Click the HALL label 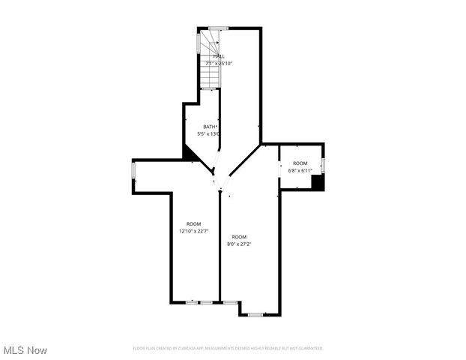click(219, 56)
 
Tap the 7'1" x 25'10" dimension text click(219, 63)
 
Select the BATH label click(211, 127)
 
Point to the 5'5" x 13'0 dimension click(208, 133)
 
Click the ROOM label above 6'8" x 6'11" click(300, 163)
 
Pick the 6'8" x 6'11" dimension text click(300, 170)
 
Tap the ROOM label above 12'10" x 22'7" click(194, 224)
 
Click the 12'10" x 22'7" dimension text click(194, 231)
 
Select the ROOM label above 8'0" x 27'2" click(239, 237)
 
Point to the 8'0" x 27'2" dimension click(239, 244)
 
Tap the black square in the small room click(318, 182)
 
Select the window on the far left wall click(134, 171)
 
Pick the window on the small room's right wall click(323, 164)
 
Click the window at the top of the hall click(218, 28)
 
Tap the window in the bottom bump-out click(255, 313)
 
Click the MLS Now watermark click(25, 350)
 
